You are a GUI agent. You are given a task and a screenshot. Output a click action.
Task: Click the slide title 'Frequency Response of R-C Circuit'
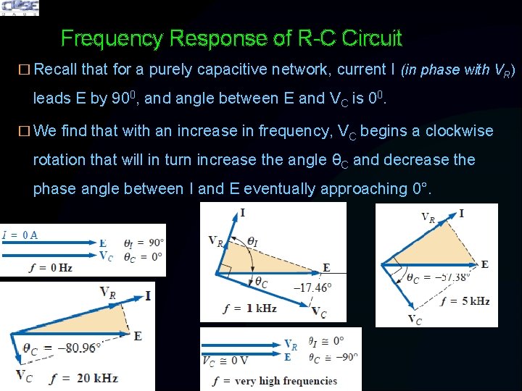pos(231,38)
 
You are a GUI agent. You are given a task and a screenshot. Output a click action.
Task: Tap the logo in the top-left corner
pos(20,8)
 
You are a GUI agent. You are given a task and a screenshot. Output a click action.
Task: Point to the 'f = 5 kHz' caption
pos(465,301)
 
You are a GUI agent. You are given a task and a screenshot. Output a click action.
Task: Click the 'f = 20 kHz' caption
pos(84,378)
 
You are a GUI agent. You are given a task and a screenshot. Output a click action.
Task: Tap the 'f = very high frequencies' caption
pos(275,381)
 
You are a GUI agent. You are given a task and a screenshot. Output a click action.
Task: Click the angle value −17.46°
pos(312,287)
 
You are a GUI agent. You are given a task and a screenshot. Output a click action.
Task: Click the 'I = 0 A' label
pos(20,234)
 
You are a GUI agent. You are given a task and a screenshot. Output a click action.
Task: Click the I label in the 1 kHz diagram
pos(242,212)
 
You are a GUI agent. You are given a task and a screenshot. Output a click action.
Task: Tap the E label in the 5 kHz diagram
pos(484,264)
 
